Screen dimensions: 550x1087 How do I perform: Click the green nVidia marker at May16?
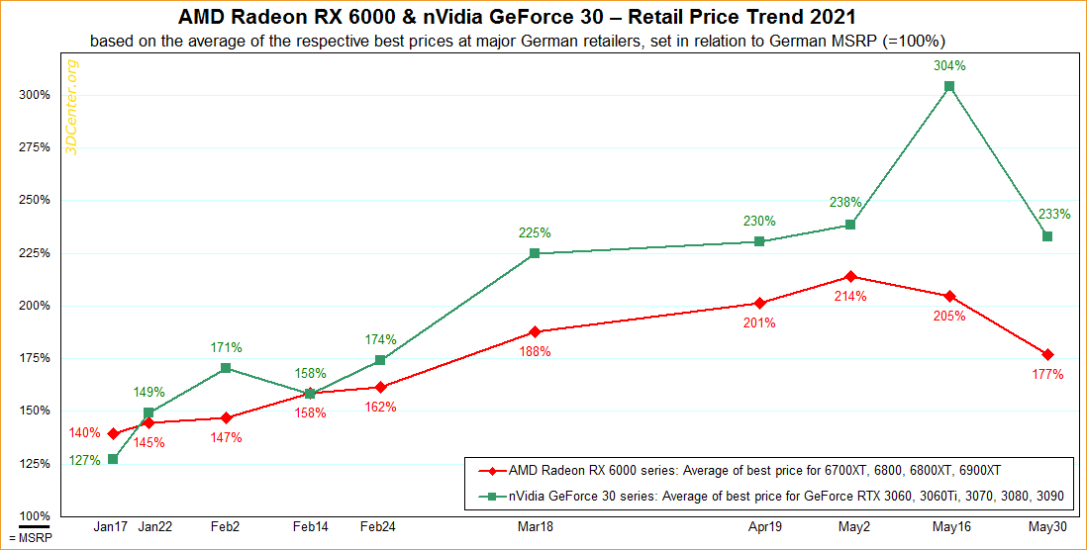949,86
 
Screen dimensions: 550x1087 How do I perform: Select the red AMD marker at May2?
849,276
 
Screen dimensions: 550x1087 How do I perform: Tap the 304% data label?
949,66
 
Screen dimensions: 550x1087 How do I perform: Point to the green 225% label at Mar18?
535,233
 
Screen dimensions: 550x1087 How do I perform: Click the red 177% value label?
1047,375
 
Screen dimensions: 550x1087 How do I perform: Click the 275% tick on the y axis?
35,147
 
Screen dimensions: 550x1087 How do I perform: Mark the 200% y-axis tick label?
35,305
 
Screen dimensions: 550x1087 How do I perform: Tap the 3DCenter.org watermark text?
71,106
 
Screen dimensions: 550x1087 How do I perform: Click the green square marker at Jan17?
113,459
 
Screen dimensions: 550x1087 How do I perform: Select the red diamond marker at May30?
1047,354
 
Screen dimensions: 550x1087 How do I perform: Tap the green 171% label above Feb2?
226,348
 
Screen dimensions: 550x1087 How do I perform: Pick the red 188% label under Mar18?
535,352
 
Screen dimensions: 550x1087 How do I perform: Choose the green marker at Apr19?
759,241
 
